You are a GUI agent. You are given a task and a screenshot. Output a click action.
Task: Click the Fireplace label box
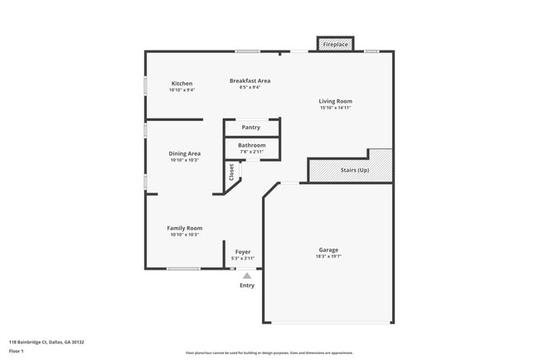click(x=335, y=44)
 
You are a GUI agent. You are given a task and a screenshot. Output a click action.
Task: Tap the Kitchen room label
click(x=182, y=84)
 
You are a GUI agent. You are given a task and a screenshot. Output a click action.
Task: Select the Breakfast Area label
click(x=250, y=80)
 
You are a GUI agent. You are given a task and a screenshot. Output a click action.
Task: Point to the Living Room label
click(x=335, y=101)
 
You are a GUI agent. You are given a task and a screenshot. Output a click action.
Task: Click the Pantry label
click(x=250, y=128)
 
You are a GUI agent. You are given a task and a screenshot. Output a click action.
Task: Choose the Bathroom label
click(x=252, y=145)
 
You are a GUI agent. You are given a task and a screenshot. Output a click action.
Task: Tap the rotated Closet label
click(x=231, y=172)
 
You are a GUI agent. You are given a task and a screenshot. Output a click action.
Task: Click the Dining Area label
click(x=184, y=153)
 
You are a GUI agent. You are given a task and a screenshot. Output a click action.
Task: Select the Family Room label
click(x=184, y=228)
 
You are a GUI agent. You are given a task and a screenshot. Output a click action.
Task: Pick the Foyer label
click(x=242, y=251)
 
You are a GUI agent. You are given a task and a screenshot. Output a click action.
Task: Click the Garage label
click(x=328, y=250)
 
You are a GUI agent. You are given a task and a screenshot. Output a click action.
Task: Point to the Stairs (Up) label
click(x=355, y=170)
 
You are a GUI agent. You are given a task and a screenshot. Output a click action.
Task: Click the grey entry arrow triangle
click(x=246, y=276)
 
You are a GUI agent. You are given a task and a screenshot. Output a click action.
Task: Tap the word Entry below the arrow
click(x=247, y=285)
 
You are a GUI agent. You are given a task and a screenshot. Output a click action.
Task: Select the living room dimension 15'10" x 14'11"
click(x=335, y=108)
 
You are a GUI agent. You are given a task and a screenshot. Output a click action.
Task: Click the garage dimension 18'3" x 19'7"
click(x=328, y=256)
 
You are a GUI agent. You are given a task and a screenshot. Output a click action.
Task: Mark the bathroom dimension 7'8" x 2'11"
click(x=252, y=152)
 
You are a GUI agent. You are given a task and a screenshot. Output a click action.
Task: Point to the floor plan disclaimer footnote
click(x=269, y=353)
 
